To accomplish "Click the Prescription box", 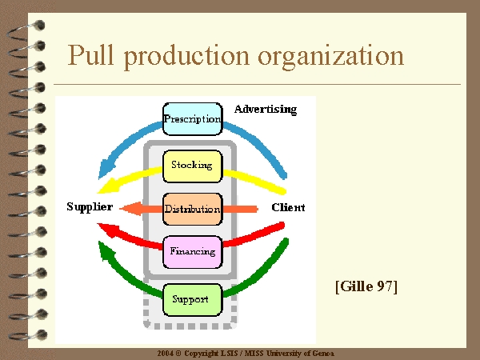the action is pyautogui.click(x=193, y=119).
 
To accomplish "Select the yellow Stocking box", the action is pyautogui.click(x=192, y=166).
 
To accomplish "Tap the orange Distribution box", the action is pyautogui.click(x=193, y=209).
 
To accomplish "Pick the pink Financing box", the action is pyautogui.click(x=193, y=252).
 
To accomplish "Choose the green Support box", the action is pyautogui.click(x=192, y=300).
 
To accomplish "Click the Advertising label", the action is pyautogui.click(x=266, y=110).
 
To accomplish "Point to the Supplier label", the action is pyautogui.click(x=90, y=207).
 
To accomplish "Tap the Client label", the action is pyautogui.click(x=288, y=207).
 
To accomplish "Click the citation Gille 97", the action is pyautogui.click(x=366, y=286).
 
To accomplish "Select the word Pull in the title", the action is pyautogui.click(x=90, y=55).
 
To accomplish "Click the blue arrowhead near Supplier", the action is pyautogui.click(x=106, y=170).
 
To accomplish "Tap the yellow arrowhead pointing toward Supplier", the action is pyautogui.click(x=107, y=186).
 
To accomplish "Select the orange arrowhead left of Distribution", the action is pyautogui.click(x=131, y=209).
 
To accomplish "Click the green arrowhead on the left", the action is pyautogui.click(x=106, y=250).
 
